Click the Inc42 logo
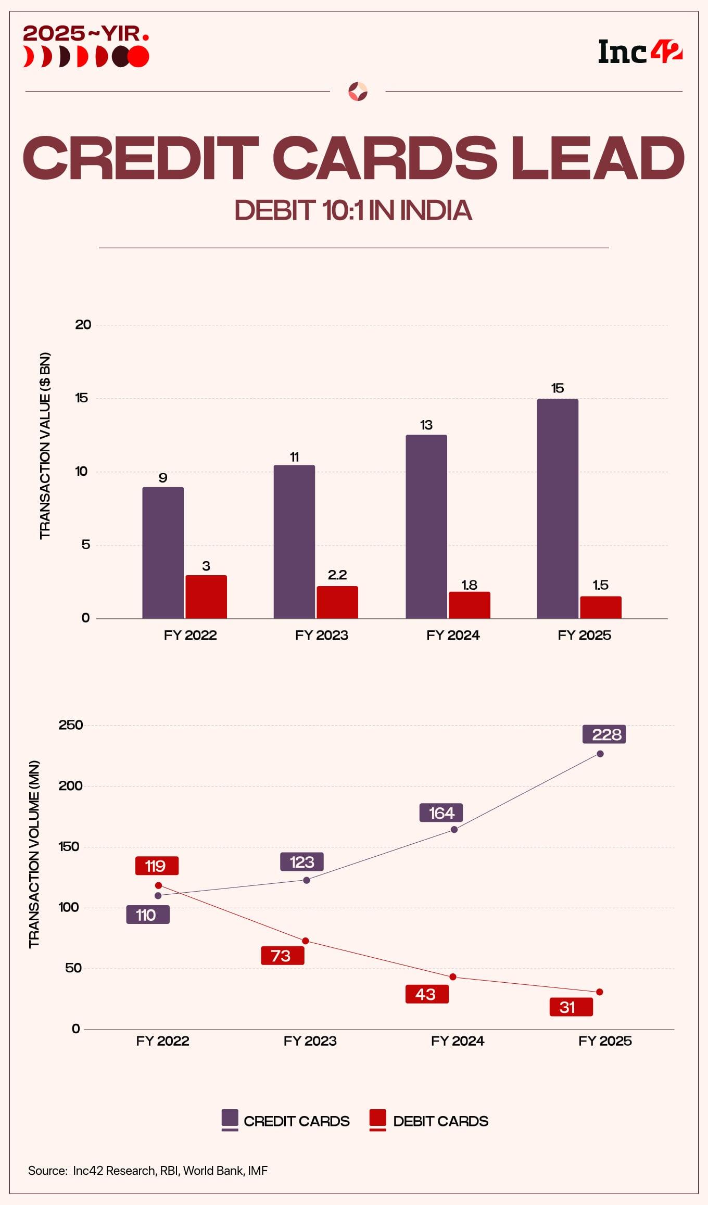click(x=640, y=53)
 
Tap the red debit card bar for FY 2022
click(x=206, y=597)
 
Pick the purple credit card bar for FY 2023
click(x=294, y=541)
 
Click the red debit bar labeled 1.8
click(x=469, y=605)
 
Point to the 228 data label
click(x=604, y=734)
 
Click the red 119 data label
click(x=157, y=866)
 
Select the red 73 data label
click(x=282, y=956)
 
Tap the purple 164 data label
click(x=441, y=813)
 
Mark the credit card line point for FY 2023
click(x=307, y=880)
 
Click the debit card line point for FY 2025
click(x=600, y=992)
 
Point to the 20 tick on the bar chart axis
click(x=83, y=325)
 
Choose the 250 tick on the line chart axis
click(x=71, y=725)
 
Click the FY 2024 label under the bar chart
click(x=453, y=635)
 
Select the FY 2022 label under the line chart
click(x=162, y=1041)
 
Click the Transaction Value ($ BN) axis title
click(x=45, y=446)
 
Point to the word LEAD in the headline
click(x=597, y=158)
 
